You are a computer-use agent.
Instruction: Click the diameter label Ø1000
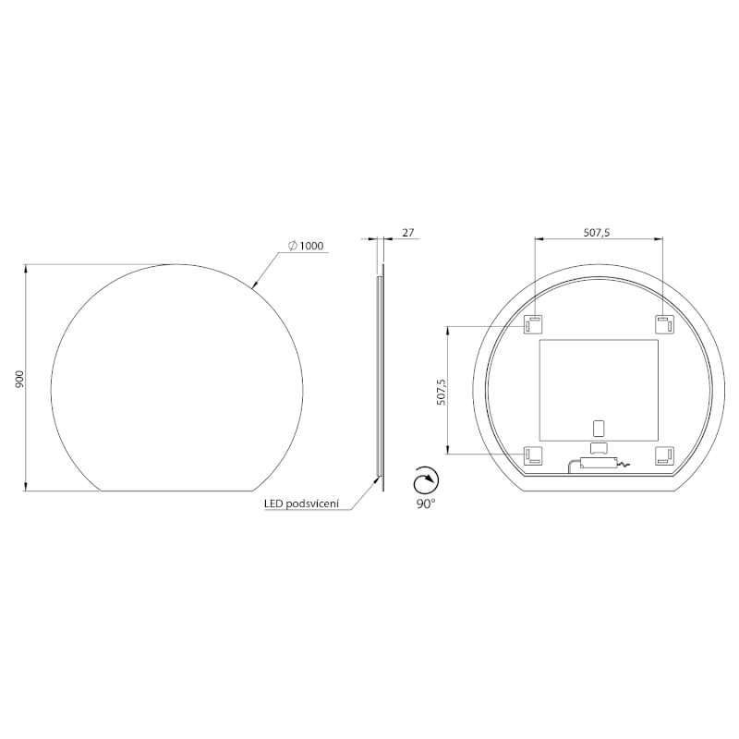click(x=306, y=246)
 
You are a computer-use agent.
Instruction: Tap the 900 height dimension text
click(x=19, y=379)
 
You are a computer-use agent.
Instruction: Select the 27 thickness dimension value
click(x=407, y=233)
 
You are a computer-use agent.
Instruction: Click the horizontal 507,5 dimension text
click(x=599, y=233)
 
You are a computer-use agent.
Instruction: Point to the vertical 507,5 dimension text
click(x=442, y=392)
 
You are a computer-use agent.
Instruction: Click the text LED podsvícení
click(x=303, y=503)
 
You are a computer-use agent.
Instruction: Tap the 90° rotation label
click(x=426, y=503)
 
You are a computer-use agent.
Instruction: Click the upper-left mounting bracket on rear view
click(x=534, y=325)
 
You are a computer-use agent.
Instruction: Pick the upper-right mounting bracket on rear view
click(x=663, y=325)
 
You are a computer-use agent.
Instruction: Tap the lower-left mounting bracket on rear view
click(x=534, y=454)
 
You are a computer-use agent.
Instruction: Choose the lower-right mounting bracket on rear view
click(x=663, y=454)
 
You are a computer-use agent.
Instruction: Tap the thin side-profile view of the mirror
click(x=378, y=379)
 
